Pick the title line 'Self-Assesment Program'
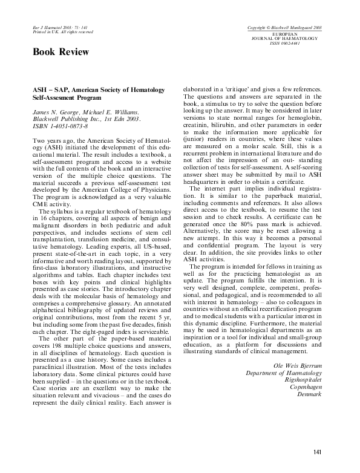click(66, 97)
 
